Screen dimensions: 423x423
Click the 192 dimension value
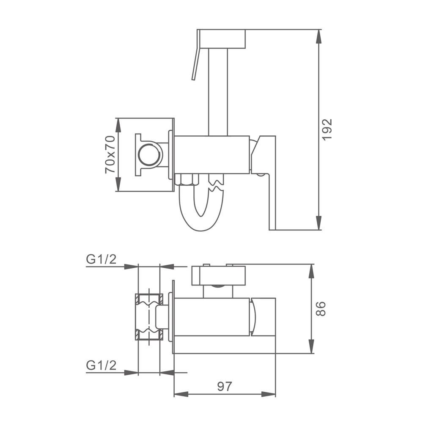click(x=327, y=129)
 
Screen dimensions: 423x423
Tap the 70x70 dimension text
click(x=110, y=154)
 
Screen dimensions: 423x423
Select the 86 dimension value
click(x=321, y=309)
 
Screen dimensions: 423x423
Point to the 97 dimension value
click(x=225, y=387)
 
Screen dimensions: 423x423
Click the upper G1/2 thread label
click(x=101, y=259)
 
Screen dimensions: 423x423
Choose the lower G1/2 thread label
click(x=101, y=365)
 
